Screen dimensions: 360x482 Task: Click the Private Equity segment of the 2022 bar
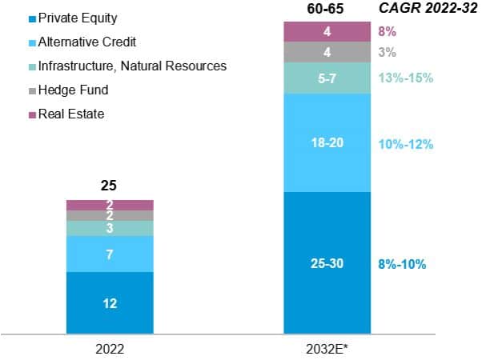coord(110,302)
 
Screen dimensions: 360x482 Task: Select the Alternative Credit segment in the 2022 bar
coord(110,254)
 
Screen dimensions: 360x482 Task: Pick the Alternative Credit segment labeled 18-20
coord(327,143)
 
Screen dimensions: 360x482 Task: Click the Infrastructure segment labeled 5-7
coord(327,78)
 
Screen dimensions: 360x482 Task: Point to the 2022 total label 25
coord(110,186)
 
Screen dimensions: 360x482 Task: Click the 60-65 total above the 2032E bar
coord(327,10)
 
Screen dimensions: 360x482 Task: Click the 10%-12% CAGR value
coord(406,144)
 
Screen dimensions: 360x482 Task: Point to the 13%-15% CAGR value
coord(406,78)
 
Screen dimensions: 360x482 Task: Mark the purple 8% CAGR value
coord(388,32)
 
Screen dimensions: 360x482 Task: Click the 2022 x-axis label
coord(110,349)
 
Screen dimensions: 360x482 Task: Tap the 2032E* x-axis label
coord(327,349)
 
